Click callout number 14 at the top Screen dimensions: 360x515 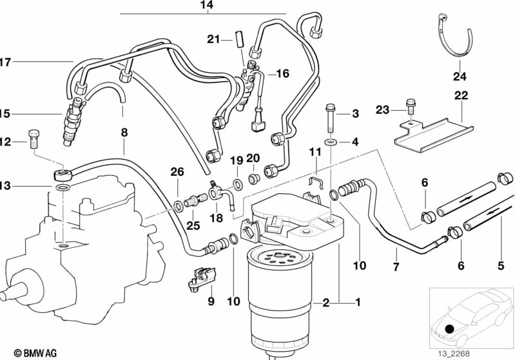(206, 6)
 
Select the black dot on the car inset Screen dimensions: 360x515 (450, 329)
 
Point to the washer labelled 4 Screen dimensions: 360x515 (330, 141)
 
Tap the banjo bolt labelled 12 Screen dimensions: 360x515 (34, 137)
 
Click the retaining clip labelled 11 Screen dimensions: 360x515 (315, 184)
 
